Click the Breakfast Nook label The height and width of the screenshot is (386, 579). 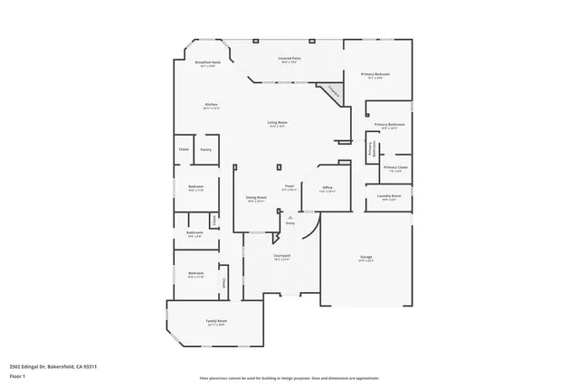click(210, 62)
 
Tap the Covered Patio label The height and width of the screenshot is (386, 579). click(290, 58)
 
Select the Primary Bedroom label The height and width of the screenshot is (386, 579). click(375, 74)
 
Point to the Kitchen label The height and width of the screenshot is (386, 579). click(211, 105)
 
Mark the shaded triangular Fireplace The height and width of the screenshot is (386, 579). click(331, 91)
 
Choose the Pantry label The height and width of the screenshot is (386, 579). click(206, 149)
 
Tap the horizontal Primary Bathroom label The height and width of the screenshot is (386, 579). click(389, 125)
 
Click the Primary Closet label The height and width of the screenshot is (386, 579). click(395, 167)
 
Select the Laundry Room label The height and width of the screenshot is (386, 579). click(390, 195)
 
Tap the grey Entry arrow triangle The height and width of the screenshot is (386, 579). click(289, 218)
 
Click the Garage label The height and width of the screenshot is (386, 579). click(366, 258)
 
